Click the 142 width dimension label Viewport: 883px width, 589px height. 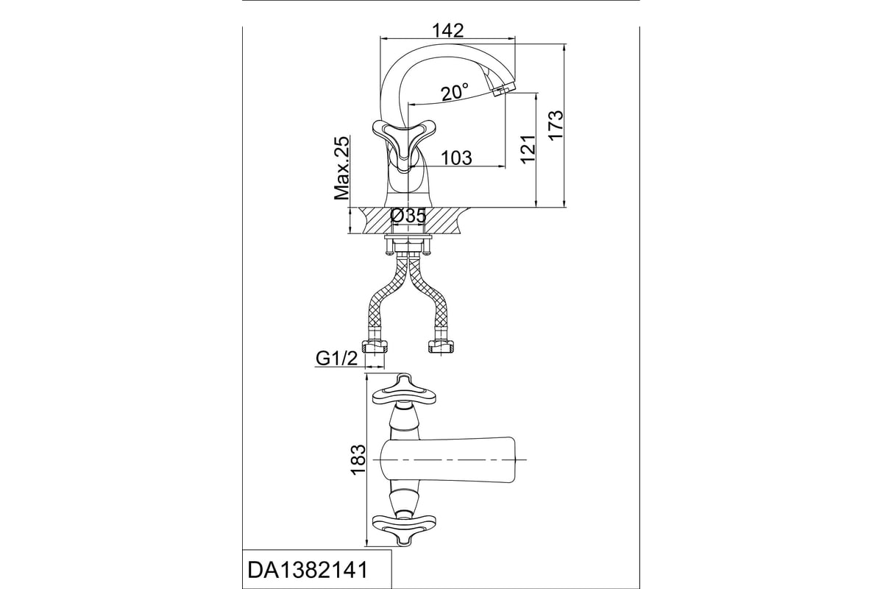[448, 30]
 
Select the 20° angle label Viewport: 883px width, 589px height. [455, 93]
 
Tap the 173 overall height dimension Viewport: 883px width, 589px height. [556, 124]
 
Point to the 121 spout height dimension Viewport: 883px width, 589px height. [528, 149]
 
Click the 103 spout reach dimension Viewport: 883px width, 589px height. [456, 158]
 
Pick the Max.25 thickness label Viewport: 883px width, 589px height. [341, 168]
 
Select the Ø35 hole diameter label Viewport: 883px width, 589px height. [408, 216]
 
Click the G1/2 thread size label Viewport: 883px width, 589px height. [337, 359]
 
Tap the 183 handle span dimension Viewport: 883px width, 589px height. [358, 459]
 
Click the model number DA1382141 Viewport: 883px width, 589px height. [308, 570]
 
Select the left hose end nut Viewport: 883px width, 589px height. [375, 346]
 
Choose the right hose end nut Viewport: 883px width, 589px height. [441, 346]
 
